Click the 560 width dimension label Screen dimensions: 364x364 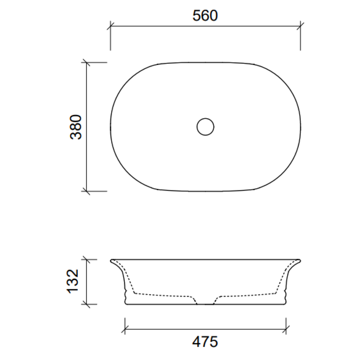coord(205,16)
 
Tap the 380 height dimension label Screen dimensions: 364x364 coord(76,127)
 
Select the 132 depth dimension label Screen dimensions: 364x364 coord(73,281)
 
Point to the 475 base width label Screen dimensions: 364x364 coord(205,342)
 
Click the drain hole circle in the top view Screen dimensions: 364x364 coord(205,127)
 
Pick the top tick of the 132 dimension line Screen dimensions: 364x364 coord(86,259)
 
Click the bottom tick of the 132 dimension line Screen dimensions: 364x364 coord(86,304)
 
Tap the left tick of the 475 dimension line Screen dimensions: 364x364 coord(125,329)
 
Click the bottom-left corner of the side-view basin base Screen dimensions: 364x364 coord(126,304)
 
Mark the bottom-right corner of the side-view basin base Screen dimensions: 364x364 coord(285,304)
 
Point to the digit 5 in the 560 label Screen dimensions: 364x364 coord(197,16)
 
